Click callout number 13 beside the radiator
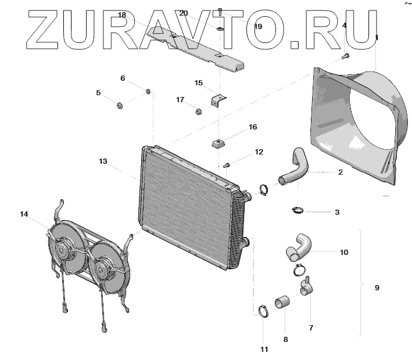click(x=103, y=161)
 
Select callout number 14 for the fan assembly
click(x=24, y=214)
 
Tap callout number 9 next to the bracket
click(x=377, y=287)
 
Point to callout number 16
click(x=253, y=127)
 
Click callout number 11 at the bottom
click(x=264, y=349)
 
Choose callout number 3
click(x=337, y=213)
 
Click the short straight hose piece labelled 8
click(x=282, y=302)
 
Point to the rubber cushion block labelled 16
click(x=218, y=143)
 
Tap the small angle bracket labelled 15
click(x=218, y=99)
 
